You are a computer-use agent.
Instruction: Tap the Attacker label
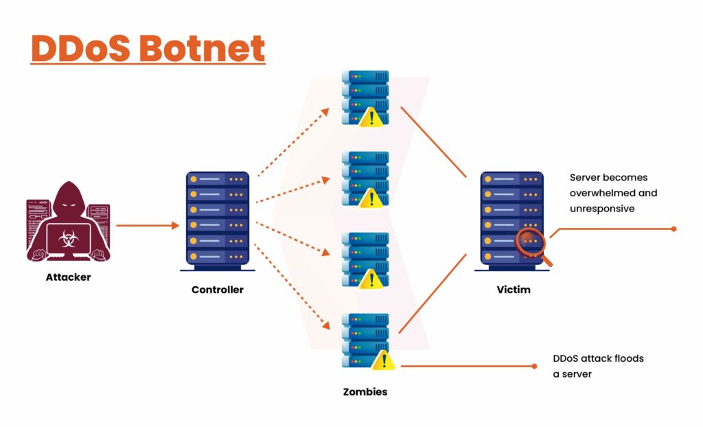pyautogui.click(x=69, y=277)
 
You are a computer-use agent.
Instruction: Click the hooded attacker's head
pyautogui.click(x=68, y=199)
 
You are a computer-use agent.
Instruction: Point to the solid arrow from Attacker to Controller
pyautogui.click(x=146, y=225)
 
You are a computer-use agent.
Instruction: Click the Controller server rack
pyautogui.click(x=217, y=218)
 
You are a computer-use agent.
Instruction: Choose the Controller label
pyautogui.click(x=217, y=290)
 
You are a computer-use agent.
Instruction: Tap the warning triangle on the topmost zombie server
pyautogui.click(x=372, y=117)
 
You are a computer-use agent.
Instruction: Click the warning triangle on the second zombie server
pyautogui.click(x=372, y=198)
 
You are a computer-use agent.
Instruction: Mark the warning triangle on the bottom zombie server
pyautogui.click(x=382, y=360)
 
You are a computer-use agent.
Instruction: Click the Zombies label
pyautogui.click(x=365, y=392)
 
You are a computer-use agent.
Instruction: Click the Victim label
pyautogui.click(x=514, y=290)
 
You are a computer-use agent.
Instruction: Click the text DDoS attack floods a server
pyautogui.click(x=598, y=366)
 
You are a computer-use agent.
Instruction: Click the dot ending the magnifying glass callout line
pyautogui.click(x=674, y=229)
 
